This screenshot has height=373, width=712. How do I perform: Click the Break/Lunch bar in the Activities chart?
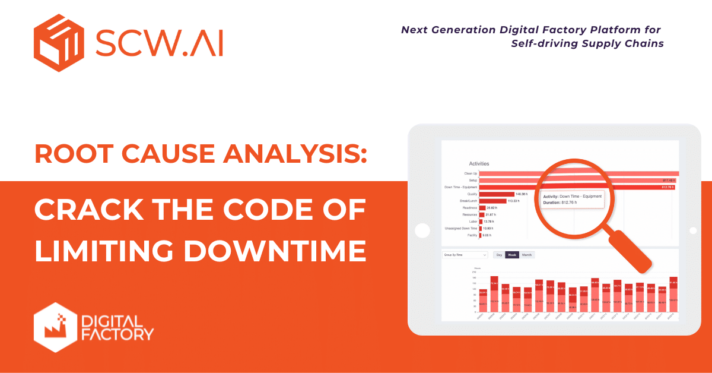click(492, 201)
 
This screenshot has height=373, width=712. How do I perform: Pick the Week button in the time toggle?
click(512, 255)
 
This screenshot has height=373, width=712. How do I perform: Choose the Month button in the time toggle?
click(527, 255)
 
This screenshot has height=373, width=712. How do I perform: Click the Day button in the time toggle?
click(499, 255)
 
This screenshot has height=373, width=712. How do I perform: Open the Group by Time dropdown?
click(465, 255)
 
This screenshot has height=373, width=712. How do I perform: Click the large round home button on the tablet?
click(422, 230)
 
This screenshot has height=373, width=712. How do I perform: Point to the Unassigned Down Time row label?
click(461, 228)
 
